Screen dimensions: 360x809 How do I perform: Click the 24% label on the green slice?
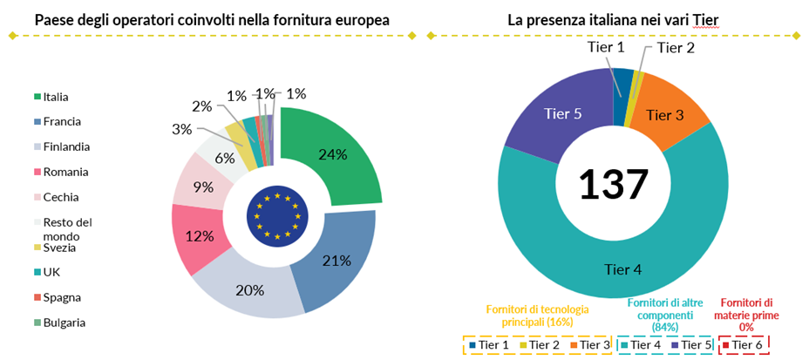332,154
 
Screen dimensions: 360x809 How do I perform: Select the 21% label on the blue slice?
336,260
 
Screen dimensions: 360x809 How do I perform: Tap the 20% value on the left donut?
249,289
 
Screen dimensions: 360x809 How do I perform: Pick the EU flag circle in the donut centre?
278,215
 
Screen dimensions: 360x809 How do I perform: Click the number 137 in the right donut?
614,184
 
